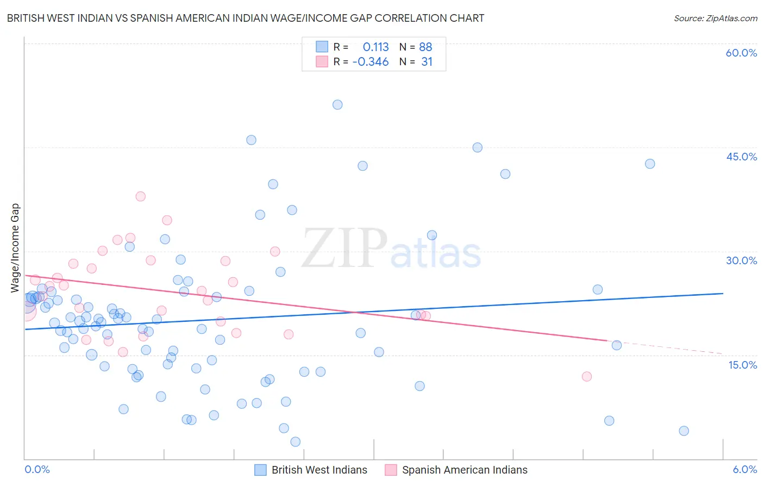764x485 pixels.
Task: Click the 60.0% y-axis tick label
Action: point(741,53)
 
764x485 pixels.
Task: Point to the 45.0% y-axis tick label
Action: point(741,157)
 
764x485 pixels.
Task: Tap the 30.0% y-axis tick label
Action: point(741,260)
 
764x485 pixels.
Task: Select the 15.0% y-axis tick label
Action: point(742,365)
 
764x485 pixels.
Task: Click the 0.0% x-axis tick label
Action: point(37,469)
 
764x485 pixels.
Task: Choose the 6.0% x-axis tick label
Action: point(744,469)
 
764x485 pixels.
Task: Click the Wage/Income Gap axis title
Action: point(15,248)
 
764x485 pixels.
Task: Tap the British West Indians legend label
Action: point(319,470)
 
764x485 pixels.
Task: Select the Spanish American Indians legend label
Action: point(465,470)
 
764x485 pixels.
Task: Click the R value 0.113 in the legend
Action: point(375,47)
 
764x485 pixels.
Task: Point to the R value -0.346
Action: point(371,62)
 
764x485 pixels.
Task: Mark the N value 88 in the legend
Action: point(425,47)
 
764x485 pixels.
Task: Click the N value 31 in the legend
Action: point(427,62)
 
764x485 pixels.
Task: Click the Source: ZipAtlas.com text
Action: point(715,18)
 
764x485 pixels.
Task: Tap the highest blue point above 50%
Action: point(337,105)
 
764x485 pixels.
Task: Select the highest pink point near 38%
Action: point(141,196)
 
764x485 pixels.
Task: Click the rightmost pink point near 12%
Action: point(586,376)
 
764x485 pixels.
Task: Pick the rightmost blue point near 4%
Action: point(684,431)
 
